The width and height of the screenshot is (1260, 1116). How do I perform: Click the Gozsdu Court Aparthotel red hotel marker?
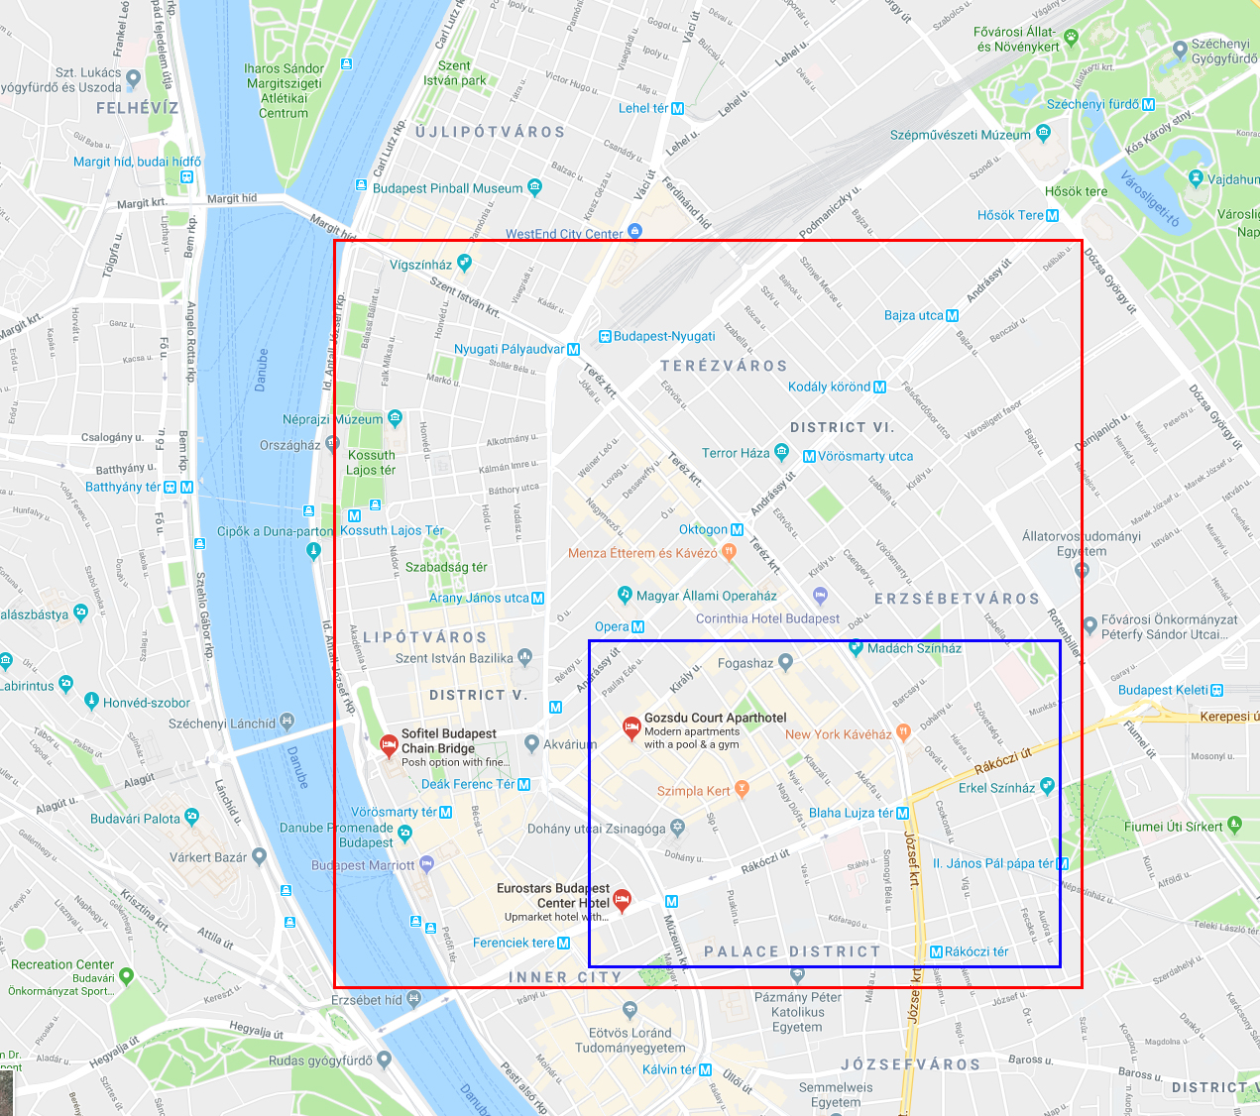(x=630, y=728)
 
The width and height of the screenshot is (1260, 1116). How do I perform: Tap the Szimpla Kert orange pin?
(x=743, y=789)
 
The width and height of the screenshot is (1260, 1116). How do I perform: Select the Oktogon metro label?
(x=704, y=530)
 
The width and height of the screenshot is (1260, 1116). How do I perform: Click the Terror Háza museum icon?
(x=782, y=453)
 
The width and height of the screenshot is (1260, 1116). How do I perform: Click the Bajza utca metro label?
(x=914, y=315)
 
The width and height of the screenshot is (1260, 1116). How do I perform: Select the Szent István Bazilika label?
(x=454, y=658)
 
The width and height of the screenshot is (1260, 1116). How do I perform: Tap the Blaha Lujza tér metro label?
(x=852, y=813)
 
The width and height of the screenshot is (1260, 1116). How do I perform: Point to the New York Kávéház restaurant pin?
(x=903, y=731)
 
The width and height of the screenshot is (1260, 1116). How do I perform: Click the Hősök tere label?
(x=1076, y=191)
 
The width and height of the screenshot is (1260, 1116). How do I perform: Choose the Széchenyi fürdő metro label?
(x=1093, y=104)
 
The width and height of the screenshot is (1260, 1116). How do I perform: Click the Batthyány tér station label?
(x=123, y=487)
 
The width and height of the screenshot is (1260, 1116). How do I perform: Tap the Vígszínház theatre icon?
(x=464, y=263)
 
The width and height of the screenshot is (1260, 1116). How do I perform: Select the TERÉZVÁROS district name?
(x=724, y=366)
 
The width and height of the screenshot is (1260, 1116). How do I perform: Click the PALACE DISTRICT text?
(x=792, y=951)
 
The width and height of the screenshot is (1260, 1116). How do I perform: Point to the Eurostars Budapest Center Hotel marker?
(x=622, y=900)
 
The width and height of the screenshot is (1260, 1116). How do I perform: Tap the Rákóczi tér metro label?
(x=975, y=951)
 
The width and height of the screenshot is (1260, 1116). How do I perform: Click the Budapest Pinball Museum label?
(x=447, y=188)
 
